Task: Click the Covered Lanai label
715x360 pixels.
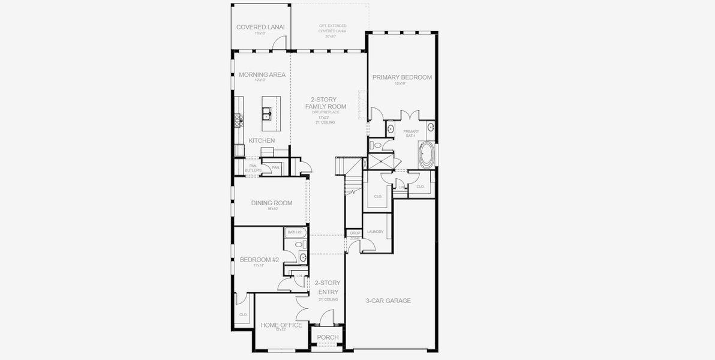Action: (x=260, y=27)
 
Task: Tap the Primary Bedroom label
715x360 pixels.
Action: (x=402, y=77)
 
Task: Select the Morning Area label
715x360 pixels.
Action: (x=262, y=75)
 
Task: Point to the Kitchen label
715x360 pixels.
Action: (x=262, y=140)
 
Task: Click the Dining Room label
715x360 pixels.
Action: (x=272, y=203)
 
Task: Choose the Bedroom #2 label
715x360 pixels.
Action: (x=259, y=260)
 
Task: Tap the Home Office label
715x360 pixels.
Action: (x=281, y=325)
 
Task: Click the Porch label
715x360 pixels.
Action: (x=328, y=337)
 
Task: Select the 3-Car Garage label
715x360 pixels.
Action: (x=388, y=301)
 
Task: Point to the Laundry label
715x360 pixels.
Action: (x=375, y=232)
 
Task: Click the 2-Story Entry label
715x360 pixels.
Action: (x=328, y=287)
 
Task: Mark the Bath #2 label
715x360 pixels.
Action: (x=294, y=232)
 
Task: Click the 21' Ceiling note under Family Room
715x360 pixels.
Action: (x=325, y=122)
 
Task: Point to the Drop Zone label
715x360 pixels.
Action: (x=355, y=235)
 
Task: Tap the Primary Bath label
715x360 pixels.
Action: (x=411, y=133)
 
